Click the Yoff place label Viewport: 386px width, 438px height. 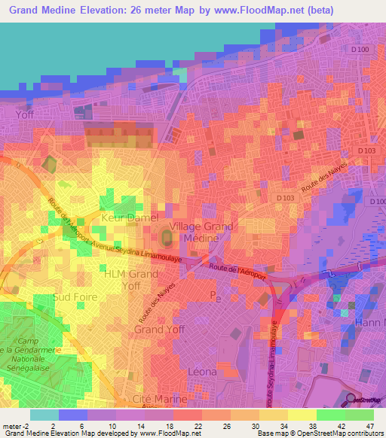click(x=26, y=114)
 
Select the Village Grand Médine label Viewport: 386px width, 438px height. click(x=201, y=232)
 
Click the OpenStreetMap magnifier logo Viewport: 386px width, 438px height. click(x=351, y=400)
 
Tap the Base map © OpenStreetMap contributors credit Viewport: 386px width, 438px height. click(x=320, y=433)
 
